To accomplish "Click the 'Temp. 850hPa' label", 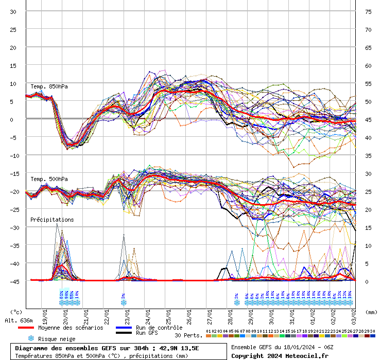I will [x=49, y=86].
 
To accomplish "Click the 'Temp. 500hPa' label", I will [x=49, y=179].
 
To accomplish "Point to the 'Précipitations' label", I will [x=52, y=220].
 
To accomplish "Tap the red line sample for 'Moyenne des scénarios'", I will [x=33, y=328].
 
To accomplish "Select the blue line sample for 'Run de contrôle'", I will [x=124, y=328].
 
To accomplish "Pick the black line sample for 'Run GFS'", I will [x=124, y=333].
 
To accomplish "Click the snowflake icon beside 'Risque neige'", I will [x=31, y=338].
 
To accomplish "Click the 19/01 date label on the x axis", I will [x=45, y=314].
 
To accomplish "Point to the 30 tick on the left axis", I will [x=13, y=11].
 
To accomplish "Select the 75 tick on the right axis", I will [x=368, y=11].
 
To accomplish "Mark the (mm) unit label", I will [x=371, y=312].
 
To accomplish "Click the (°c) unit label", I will [x=16, y=312].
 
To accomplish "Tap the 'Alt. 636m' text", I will [x=19, y=320].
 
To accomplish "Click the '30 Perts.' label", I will [x=187, y=335].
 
